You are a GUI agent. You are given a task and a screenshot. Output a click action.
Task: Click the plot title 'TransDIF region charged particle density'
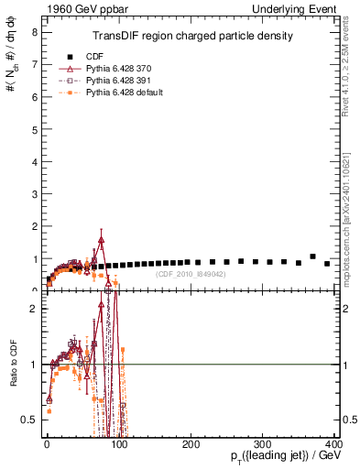(192, 37)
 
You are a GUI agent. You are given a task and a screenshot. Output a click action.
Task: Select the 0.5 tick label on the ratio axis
(28, 420)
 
